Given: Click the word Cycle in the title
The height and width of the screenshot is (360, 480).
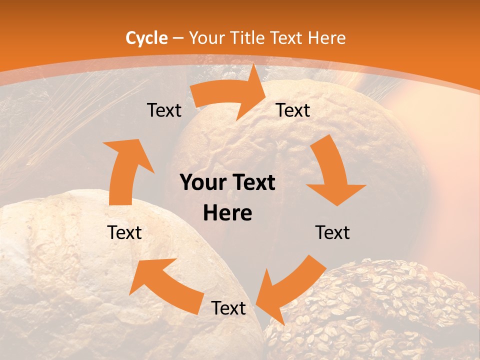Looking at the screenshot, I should coord(146,38).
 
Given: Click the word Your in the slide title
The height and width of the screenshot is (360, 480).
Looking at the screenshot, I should coord(205,38).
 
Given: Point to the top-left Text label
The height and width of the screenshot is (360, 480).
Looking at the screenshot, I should coord(164,110).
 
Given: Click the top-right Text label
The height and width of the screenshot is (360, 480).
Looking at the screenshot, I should coord(293,110).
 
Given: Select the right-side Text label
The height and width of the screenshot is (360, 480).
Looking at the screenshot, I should coord(332,232).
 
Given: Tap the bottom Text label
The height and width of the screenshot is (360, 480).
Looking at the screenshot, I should coord(228,308).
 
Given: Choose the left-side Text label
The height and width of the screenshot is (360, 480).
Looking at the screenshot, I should coord(124,232).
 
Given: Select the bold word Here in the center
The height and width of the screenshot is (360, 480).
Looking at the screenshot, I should coord(227,213).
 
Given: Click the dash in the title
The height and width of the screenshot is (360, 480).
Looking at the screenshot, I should coord(178,38).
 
